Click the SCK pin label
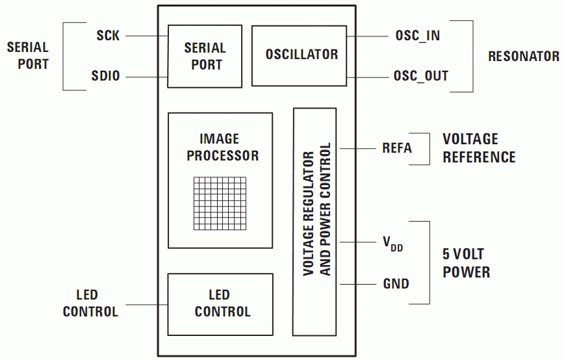pos(108,36)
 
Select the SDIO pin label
pos(105,77)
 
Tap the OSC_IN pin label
pos(417,36)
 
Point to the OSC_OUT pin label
pos(420,76)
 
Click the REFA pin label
pos(396,148)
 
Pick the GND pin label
pos(396,284)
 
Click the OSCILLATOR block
pos(301,55)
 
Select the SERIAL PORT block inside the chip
pos(205,56)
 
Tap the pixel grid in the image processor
pos(221,203)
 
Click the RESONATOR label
pos(524,56)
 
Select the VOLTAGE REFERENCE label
pos(479,148)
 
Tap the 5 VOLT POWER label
pos(466,263)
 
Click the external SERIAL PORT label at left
pos(27,56)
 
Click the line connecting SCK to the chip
pos(147,36)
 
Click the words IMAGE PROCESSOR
pos(220,148)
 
